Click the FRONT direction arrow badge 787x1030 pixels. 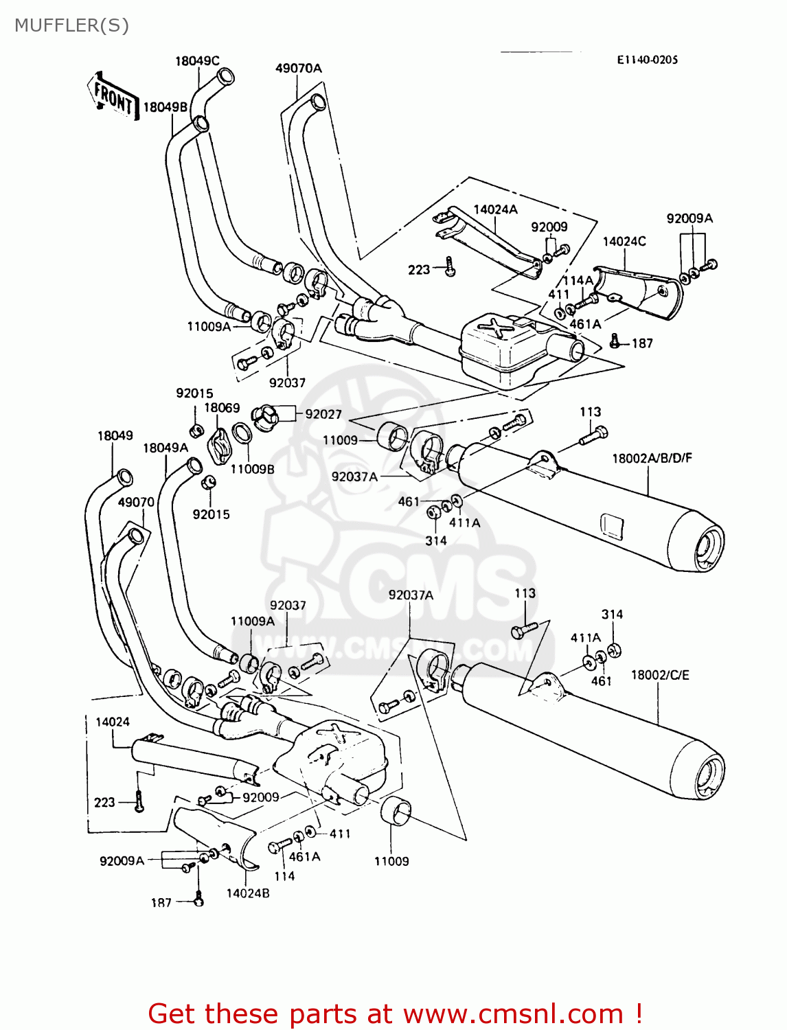coord(113,97)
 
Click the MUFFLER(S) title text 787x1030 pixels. coord(71,25)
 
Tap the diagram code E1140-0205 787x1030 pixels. coord(647,60)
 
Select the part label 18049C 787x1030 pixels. coord(197,61)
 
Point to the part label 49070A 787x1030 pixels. coord(298,68)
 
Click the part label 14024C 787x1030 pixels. coord(624,241)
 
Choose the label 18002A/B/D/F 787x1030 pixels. coord(652,458)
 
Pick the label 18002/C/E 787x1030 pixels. coord(659,675)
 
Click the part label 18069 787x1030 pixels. coord(222,408)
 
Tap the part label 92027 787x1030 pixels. coord(323,414)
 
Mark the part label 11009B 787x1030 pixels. coord(252,469)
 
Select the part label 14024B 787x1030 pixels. coord(247,893)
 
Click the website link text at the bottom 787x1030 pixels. coord(395,1014)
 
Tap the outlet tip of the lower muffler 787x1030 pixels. coord(709,779)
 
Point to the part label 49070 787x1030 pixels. coord(136,502)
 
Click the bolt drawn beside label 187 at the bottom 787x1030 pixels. coord(199,899)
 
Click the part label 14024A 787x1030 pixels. coord(495,209)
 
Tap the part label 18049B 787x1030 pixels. coord(165,107)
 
